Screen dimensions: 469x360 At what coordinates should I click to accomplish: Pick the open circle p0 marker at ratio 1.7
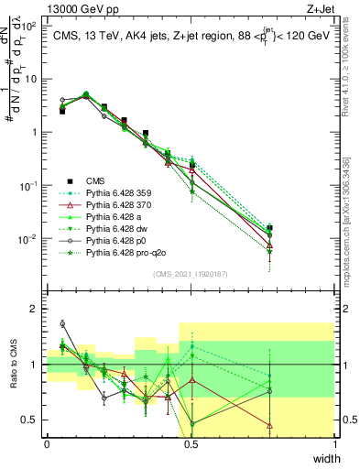(62, 323)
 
